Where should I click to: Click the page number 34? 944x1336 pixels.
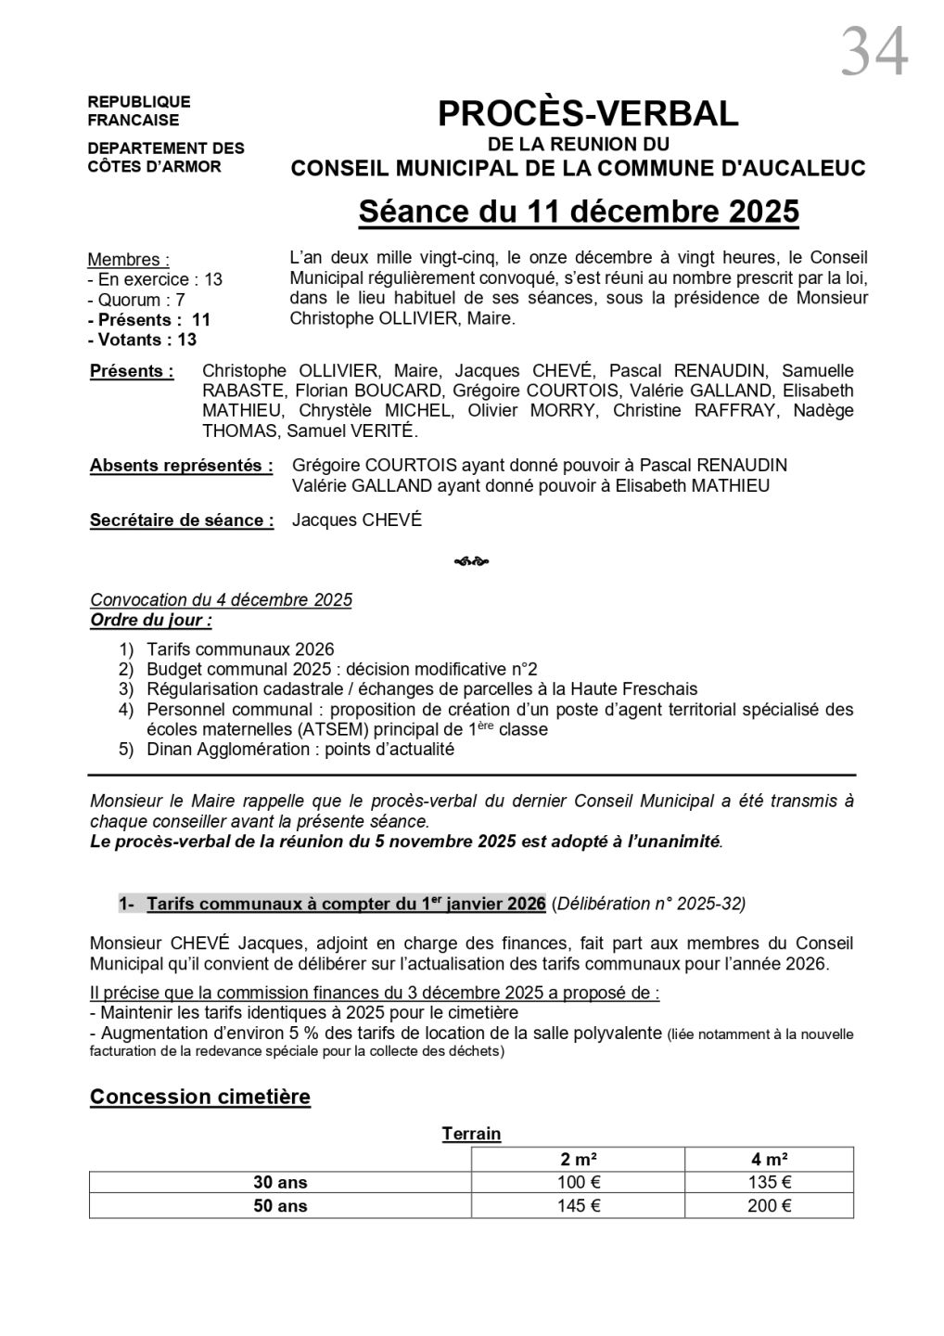(x=874, y=52)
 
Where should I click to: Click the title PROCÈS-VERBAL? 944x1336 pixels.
(x=588, y=113)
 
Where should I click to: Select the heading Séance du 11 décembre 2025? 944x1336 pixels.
(x=579, y=212)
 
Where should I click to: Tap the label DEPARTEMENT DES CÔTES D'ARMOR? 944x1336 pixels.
(x=166, y=157)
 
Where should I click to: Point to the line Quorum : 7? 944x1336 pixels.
(x=136, y=300)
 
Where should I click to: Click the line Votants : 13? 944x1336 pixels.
(x=142, y=340)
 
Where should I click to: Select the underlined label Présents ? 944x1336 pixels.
(x=132, y=371)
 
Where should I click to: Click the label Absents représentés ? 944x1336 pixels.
(x=181, y=466)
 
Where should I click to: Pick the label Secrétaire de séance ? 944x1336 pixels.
(x=182, y=520)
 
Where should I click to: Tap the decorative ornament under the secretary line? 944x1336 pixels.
(x=472, y=561)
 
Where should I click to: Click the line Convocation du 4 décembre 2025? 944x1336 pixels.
(x=221, y=600)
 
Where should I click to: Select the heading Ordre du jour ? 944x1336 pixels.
(x=151, y=620)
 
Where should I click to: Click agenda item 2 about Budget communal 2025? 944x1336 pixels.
(x=341, y=669)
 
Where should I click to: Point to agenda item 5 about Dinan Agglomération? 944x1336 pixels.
(x=300, y=750)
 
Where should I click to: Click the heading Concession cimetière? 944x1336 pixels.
(x=200, y=1097)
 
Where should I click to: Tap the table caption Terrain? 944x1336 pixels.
(x=471, y=1134)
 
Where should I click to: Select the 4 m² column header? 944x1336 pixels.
(x=769, y=1159)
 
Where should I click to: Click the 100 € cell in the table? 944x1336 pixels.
(x=578, y=1182)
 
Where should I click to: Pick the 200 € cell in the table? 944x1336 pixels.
(x=769, y=1206)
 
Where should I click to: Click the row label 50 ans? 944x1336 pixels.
(x=280, y=1206)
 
